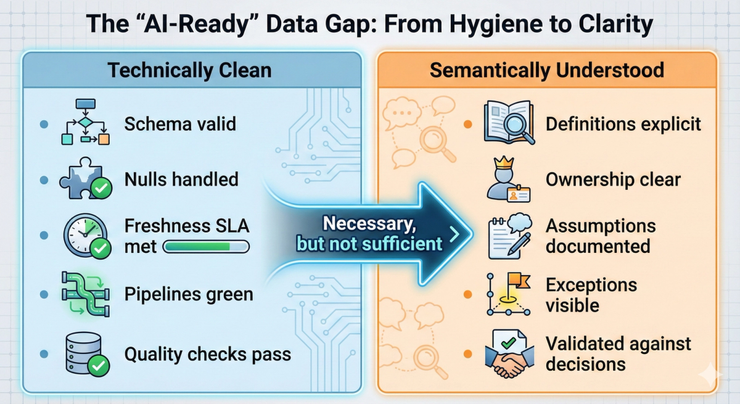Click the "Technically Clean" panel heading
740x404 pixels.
(x=189, y=70)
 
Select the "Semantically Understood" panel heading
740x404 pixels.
(x=546, y=70)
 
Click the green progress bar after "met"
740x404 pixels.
(x=205, y=247)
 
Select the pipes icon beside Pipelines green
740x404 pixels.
(x=85, y=295)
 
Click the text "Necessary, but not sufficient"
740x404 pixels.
(x=370, y=234)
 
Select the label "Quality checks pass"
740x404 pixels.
(x=207, y=354)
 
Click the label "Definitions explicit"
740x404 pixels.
(x=623, y=124)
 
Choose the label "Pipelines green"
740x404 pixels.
(x=189, y=294)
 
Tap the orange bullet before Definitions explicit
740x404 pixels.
(x=467, y=124)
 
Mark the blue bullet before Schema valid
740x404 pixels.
(x=44, y=124)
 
